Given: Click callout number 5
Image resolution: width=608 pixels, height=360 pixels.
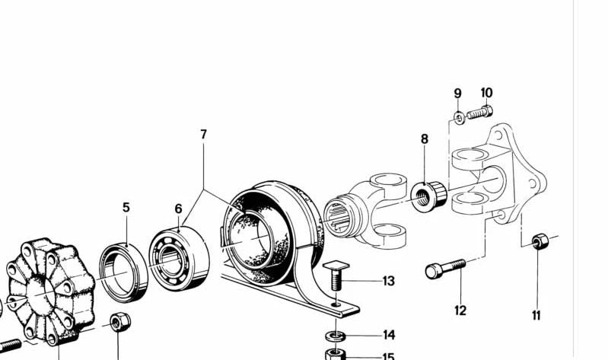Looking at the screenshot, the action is [x=126, y=208].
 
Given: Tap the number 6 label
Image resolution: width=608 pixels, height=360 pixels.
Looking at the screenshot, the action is [x=178, y=209].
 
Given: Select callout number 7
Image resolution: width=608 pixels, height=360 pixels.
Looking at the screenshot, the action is [x=204, y=135].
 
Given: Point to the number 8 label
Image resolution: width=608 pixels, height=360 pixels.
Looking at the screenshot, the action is [x=425, y=139].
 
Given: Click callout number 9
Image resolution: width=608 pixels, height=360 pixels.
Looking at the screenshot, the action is [x=458, y=94].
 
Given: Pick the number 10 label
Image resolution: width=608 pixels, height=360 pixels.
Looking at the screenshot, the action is [x=487, y=93].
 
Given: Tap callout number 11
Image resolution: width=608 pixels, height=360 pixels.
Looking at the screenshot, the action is [x=536, y=316].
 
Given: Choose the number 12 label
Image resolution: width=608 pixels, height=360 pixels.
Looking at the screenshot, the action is [x=460, y=311].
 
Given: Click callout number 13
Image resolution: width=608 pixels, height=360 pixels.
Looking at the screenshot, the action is [x=389, y=281].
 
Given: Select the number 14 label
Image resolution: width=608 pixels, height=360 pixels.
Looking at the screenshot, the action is [x=389, y=335].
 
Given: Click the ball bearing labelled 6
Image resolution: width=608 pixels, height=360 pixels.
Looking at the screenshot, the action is [x=179, y=259].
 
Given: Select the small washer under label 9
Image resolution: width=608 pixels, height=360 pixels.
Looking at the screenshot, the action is [x=459, y=117].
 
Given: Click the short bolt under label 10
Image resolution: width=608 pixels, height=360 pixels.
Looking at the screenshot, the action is [x=480, y=113].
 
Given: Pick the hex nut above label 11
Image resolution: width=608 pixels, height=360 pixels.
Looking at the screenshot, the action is [x=540, y=241].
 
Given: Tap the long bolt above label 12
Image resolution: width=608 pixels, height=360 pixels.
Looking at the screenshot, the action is [x=445, y=269].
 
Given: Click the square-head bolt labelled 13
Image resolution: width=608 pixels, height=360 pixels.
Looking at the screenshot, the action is [x=336, y=276].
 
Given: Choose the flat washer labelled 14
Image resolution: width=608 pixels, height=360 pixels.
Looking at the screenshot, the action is [x=336, y=336].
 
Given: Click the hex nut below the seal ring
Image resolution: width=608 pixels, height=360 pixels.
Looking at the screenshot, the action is [x=120, y=322].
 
